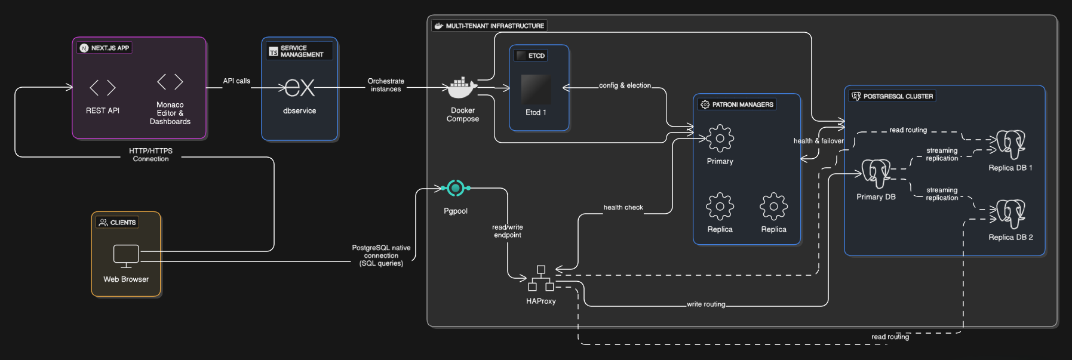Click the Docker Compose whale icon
(463, 88)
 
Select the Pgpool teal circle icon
(456, 188)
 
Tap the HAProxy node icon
(541, 278)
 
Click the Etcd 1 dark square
(536, 90)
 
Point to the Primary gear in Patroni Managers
(720, 139)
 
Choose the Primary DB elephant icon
(876, 173)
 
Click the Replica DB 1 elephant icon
(1010, 144)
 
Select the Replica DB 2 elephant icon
(1010, 214)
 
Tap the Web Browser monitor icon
(126, 256)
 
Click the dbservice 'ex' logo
(299, 88)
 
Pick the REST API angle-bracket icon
(103, 88)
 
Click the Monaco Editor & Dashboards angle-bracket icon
(170, 82)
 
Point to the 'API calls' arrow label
(236, 81)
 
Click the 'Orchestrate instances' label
(386, 85)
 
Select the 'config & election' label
(625, 85)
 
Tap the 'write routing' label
(706, 304)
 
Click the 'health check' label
(623, 207)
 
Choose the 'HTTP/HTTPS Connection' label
(150, 155)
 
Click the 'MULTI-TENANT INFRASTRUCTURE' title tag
(489, 26)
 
